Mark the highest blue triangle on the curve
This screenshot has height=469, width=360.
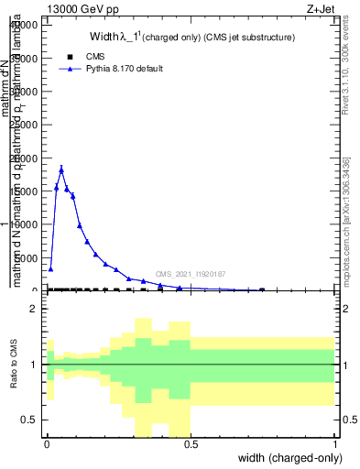point(61,168)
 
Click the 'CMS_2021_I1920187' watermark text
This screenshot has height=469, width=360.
point(190,273)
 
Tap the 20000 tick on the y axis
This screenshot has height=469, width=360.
point(25,158)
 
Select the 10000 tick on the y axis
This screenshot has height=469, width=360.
point(25,224)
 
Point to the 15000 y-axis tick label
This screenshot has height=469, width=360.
point(25,191)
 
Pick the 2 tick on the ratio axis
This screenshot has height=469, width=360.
point(33,310)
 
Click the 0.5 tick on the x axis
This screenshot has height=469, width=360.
point(191,442)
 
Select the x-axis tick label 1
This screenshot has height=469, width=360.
point(335,442)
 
